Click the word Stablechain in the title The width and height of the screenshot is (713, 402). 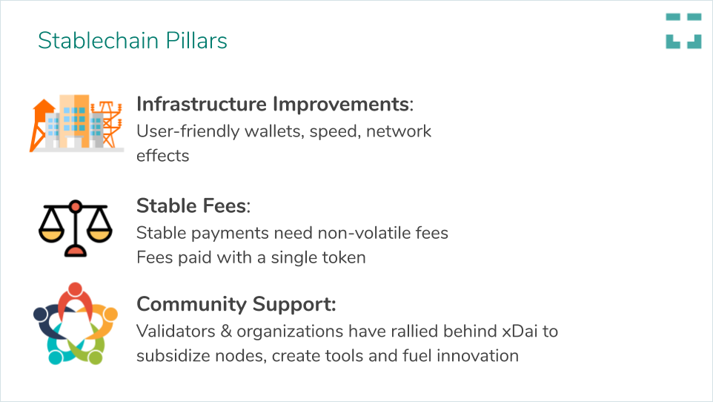99,41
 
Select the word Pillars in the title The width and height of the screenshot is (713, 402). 196,41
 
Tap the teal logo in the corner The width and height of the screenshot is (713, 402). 683,31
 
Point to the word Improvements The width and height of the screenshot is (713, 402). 341,105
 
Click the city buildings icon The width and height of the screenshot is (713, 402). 77,123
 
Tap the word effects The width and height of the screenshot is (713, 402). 163,156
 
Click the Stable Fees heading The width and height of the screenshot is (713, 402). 193,206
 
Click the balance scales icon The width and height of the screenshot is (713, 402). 76,228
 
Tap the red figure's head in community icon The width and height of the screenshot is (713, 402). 75,289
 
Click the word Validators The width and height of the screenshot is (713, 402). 176,332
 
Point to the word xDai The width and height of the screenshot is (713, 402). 520,332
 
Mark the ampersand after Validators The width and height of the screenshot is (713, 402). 226,332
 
